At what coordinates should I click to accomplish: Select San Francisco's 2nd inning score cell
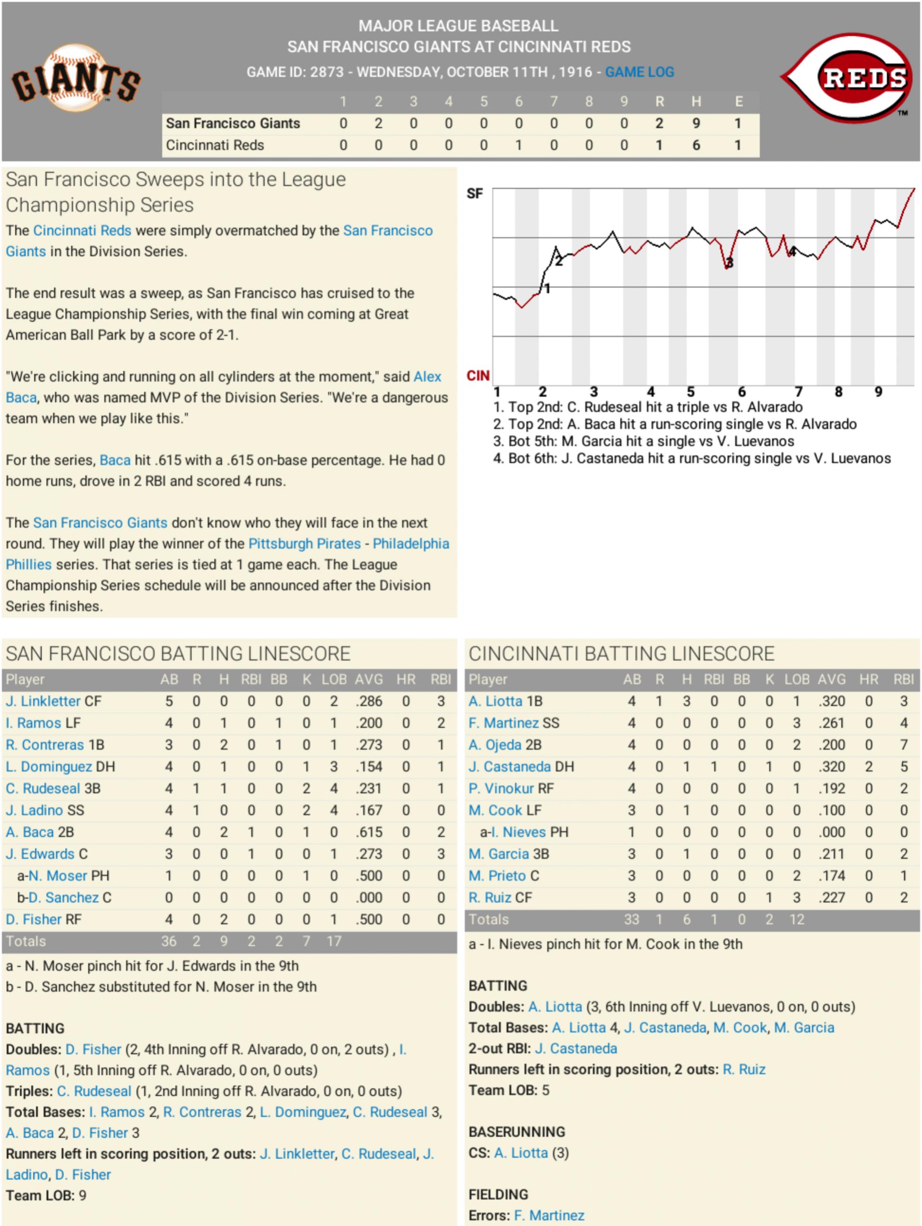379,123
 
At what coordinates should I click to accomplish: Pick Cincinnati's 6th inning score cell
519,145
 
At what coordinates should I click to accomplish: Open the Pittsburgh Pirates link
304,544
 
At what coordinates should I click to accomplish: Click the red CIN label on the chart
478,376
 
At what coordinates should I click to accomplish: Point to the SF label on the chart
475,194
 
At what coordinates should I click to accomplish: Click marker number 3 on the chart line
729,263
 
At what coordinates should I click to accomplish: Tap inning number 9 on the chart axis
878,392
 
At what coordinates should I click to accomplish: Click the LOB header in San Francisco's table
334,680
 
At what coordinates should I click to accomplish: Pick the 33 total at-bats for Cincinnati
632,919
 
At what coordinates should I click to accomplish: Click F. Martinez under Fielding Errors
549,1216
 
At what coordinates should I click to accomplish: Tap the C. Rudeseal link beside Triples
94,1091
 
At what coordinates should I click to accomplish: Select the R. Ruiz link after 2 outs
744,1070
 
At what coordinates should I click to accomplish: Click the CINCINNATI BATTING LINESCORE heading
621,654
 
